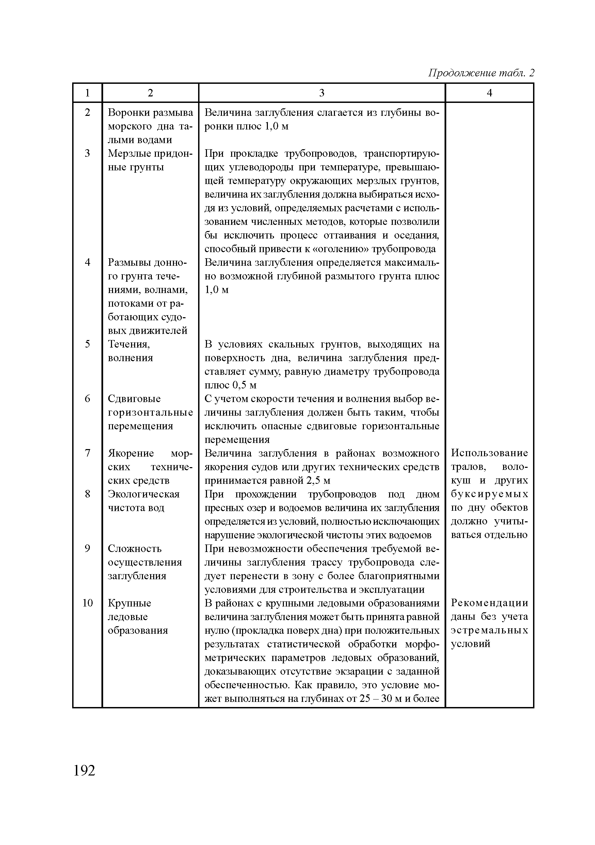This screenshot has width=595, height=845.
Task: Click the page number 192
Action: pos(84,770)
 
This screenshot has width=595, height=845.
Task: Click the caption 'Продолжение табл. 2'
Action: pos(481,73)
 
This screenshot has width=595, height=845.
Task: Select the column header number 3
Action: pos(321,93)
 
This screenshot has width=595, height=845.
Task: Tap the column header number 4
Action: pos(489,93)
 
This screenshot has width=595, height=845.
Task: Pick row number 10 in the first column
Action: pos(87,603)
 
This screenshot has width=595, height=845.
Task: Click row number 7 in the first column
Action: pos(87,453)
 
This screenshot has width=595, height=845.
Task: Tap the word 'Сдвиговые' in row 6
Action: pos(134,399)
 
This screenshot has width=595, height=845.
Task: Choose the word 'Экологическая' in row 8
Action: pos(143,494)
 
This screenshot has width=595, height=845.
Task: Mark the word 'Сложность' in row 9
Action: pos(134,548)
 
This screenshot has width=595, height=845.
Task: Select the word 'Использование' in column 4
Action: pos(489,453)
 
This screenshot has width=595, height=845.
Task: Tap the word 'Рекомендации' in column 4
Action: pos(489,603)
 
